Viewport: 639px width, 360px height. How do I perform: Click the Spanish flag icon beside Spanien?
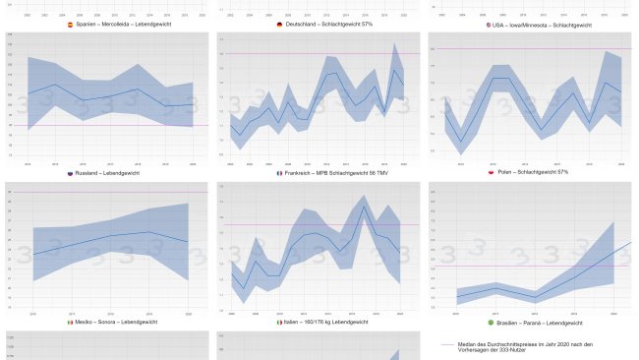(x=69, y=24)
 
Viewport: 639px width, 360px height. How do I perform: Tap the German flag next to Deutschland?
(x=280, y=24)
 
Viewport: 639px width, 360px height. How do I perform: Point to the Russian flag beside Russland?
(x=70, y=172)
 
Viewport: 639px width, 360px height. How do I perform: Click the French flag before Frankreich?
(x=279, y=172)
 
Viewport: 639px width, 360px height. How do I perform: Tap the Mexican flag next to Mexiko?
(x=69, y=322)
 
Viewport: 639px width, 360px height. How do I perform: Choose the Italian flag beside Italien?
(x=279, y=322)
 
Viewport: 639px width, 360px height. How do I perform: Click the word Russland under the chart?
(x=90, y=172)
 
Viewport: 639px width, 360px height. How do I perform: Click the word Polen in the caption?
(x=507, y=172)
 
